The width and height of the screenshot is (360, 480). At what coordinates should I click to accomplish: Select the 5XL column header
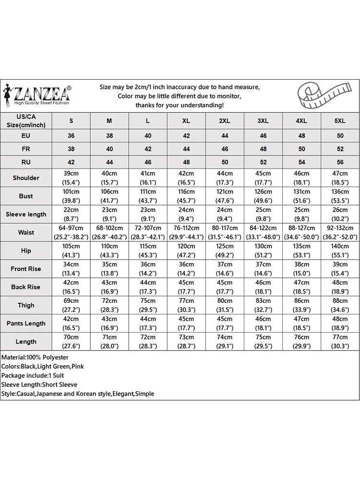pos(340,121)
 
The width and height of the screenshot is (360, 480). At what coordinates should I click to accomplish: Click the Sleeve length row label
pos(26,215)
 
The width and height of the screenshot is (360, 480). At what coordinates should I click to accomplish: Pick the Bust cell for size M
pos(109,196)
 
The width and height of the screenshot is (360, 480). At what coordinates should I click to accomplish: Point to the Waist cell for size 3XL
pos(263,232)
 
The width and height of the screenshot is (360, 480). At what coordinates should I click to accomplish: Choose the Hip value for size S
pos(72,251)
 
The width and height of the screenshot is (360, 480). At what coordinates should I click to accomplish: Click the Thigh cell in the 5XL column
pos(340,305)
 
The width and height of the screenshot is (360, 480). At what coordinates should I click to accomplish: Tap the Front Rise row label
pos(26,269)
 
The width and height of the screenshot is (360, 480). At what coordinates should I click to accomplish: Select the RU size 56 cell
pos(340,162)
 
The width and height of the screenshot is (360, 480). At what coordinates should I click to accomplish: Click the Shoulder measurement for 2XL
pos(225,178)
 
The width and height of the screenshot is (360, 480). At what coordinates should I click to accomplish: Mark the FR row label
pos(26,149)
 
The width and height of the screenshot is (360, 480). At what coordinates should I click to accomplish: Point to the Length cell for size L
pos(148,342)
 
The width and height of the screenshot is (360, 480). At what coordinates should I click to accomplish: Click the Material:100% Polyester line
pos(35,358)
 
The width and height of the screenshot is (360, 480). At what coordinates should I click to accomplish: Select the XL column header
pos(186,121)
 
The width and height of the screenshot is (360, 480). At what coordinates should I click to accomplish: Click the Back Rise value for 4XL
pos(301,287)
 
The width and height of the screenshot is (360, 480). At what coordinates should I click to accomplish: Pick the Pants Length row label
pos(26,324)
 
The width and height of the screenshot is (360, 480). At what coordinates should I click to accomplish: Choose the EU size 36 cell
pos(72,136)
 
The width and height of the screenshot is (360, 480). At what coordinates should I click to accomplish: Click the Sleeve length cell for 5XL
pos(340,214)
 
